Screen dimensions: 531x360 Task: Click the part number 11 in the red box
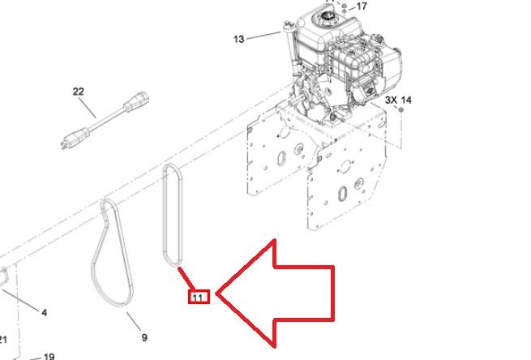198,298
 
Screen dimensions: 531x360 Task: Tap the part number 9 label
144,337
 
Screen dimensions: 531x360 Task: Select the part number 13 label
238,39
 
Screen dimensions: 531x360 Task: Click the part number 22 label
78,92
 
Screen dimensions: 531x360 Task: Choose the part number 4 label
45,313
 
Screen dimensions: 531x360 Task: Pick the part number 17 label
362,6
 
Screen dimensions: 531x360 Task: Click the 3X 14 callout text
398,100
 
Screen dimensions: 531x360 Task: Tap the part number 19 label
49,357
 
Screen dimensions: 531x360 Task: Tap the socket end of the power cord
136,101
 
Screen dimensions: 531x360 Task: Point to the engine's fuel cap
328,15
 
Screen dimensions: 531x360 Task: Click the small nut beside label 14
400,110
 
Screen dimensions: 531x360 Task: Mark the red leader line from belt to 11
186,279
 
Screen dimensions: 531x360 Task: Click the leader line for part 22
88,108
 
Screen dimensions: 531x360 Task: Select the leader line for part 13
263,36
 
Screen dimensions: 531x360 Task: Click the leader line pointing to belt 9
134,322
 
